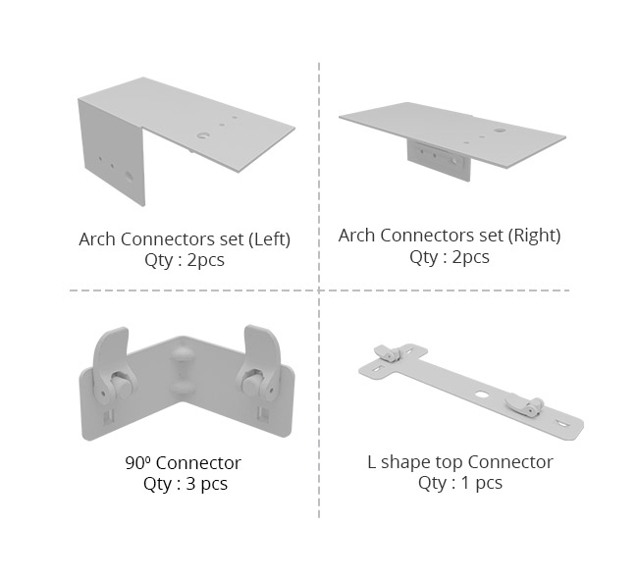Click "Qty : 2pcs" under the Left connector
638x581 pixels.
coord(185,260)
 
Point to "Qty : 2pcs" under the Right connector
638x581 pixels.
coord(450,257)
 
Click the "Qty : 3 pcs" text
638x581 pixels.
coord(186,484)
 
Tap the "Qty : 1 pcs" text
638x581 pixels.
coord(460,483)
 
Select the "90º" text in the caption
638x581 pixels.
coord(137,463)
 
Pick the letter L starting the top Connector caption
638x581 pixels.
coord(371,462)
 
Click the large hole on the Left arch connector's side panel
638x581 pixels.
coord(129,177)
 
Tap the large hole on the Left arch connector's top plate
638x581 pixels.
coord(202,135)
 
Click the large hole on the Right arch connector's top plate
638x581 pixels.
coord(500,131)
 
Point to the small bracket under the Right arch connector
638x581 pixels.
coord(439,160)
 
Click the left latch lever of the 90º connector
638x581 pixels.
coord(109,362)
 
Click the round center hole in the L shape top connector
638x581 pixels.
coord(481,395)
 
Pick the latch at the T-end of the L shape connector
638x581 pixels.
coord(388,353)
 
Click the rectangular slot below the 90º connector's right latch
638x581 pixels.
coord(263,414)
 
